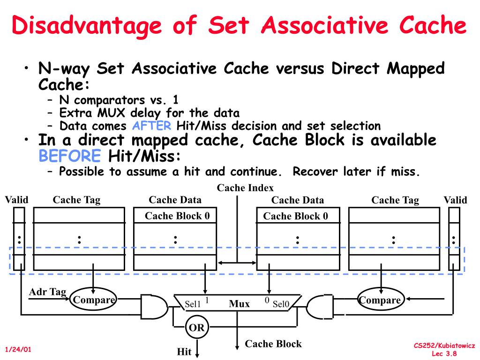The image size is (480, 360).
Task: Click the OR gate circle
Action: (x=197, y=327)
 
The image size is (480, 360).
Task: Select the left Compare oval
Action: (x=94, y=300)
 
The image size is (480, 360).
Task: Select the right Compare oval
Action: (x=381, y=300)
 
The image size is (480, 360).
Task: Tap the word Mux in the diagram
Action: (x=240, y=304)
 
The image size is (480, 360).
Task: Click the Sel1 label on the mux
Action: (x=193, y=304)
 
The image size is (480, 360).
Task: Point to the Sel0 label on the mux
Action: (x=281, y=304)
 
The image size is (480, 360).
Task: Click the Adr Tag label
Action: (x=47, y=292)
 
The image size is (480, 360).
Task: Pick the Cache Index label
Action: (x=245, y=187)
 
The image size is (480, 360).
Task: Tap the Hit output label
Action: (x=184, y=352)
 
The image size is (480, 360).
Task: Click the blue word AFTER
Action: (x=151, y=126)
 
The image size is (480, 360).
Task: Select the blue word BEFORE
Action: (x=70, y=156)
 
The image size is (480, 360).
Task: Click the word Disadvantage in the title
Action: (x=87, y=26)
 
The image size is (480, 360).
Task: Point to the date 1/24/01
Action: (x=18, y=349)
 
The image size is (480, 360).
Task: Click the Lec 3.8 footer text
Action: (x=444, y=353)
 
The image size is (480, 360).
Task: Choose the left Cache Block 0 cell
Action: (x=175, y=215)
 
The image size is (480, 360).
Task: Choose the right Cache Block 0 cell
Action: (x=298, y=216)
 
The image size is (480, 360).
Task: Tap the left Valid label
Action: (x=16, y=200)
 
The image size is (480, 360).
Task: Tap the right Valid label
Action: (x=456, y=200)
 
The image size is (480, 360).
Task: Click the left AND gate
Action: (x=154, y=307)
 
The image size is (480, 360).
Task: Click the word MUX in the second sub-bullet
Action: (x=112, y=113)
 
